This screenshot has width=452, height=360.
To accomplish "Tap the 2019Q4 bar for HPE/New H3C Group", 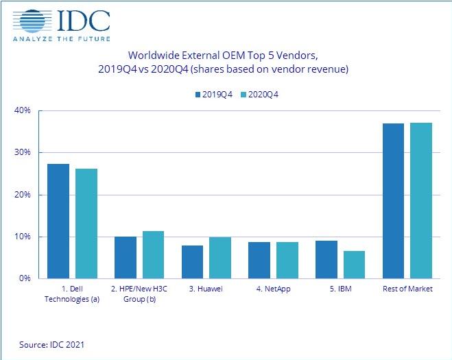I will pos(125,257).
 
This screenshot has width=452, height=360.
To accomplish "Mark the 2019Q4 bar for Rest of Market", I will pos(393,201).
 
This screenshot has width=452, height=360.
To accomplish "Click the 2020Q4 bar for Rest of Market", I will pos(422,200).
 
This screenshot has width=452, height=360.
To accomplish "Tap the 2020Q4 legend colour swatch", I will pos(243,95).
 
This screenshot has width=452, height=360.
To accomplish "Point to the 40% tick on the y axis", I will pos(23,110).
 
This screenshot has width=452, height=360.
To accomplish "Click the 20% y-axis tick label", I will pos(23,195).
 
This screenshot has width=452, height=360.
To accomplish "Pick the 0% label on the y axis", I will pos(25,279).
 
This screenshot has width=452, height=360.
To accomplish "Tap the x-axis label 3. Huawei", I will pos(206,289).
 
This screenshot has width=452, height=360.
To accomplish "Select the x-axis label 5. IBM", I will pos(340,289).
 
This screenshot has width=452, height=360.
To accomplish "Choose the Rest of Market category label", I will pos(407,289).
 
